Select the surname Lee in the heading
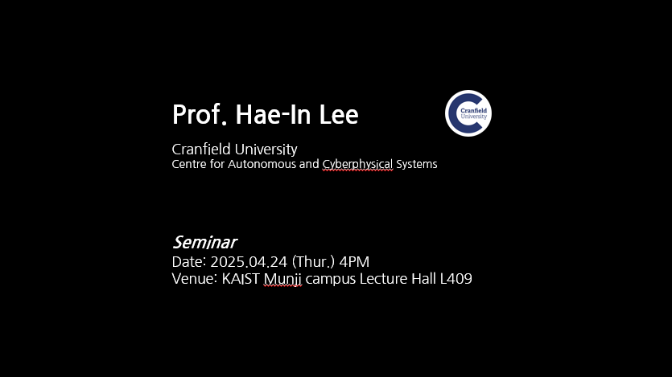pos(339,115)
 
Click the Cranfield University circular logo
pos(468,113)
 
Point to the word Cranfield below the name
pos(201,149)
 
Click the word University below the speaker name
pos(266,150)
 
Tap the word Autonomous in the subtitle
pos(262,164)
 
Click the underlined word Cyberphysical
pos(357,165)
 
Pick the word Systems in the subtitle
pos(417,165)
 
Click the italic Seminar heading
pos(205,242)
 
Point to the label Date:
pos(189,261)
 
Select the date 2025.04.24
pos(249,261)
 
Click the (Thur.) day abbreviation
pos(313,262)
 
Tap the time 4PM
pos(354,261)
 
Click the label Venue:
pos(195,279)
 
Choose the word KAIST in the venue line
pos(241,279)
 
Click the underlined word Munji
pos(282,280)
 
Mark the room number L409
pos(456,279)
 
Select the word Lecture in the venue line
pos(383,279)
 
